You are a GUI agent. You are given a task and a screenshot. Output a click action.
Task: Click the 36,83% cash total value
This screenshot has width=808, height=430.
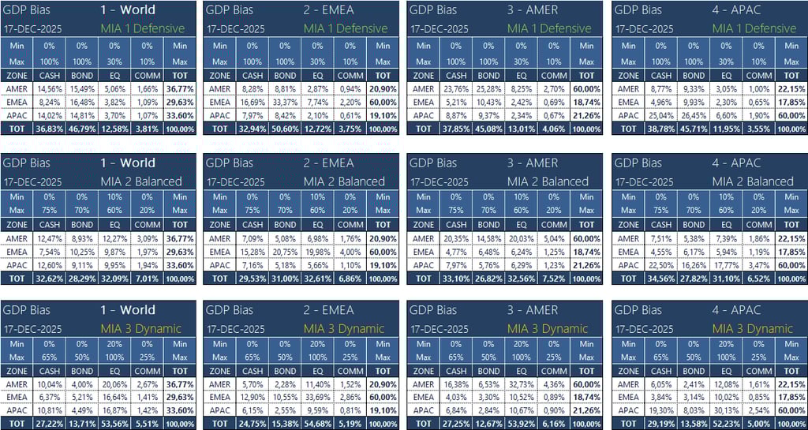48,129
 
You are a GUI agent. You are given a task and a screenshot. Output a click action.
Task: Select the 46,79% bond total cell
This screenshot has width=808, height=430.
81,129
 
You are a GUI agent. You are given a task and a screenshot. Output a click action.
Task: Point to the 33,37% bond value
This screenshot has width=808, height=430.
285,103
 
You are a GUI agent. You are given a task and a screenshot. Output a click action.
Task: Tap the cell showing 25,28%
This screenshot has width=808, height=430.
488,89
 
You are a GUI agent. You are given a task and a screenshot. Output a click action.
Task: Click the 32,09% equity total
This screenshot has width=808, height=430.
114,279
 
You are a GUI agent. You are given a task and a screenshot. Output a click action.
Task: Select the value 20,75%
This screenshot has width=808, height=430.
285,252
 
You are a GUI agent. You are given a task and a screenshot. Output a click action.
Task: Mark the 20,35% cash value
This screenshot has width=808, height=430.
455,239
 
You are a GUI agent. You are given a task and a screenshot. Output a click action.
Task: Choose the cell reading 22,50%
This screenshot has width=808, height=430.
660,266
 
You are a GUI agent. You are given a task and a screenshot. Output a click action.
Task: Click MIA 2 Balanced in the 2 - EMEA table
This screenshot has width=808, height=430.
345,181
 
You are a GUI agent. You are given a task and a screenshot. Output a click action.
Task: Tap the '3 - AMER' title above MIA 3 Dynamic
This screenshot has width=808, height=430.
533,310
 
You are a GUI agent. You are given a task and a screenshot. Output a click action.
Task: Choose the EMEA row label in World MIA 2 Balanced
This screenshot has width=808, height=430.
16,252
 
